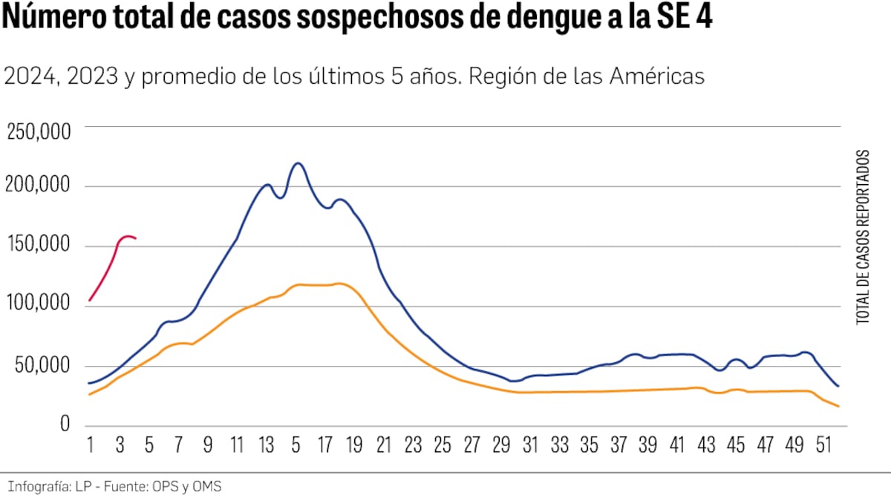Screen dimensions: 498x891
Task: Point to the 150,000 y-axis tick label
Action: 39,246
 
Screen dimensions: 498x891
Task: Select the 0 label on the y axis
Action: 65,425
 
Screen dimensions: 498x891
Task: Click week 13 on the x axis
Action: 266,447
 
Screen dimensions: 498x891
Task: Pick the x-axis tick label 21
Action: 383,447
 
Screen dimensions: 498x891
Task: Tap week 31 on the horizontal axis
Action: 530,447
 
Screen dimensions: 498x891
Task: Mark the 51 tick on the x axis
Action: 823,447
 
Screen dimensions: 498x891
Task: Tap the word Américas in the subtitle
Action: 657,76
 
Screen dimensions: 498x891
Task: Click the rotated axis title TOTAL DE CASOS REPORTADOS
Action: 863,236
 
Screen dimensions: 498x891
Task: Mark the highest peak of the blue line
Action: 298,163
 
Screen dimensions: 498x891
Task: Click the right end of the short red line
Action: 135,238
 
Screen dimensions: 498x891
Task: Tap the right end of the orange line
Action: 838,406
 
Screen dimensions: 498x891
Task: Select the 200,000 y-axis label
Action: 39,186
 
